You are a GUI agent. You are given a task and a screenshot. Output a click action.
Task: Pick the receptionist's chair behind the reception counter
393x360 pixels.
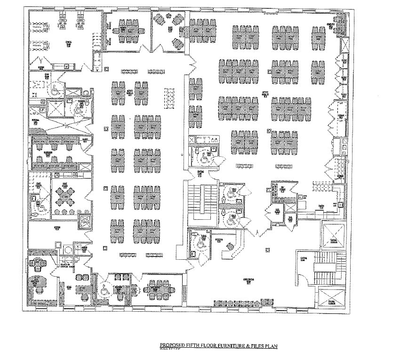pos(229,247)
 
